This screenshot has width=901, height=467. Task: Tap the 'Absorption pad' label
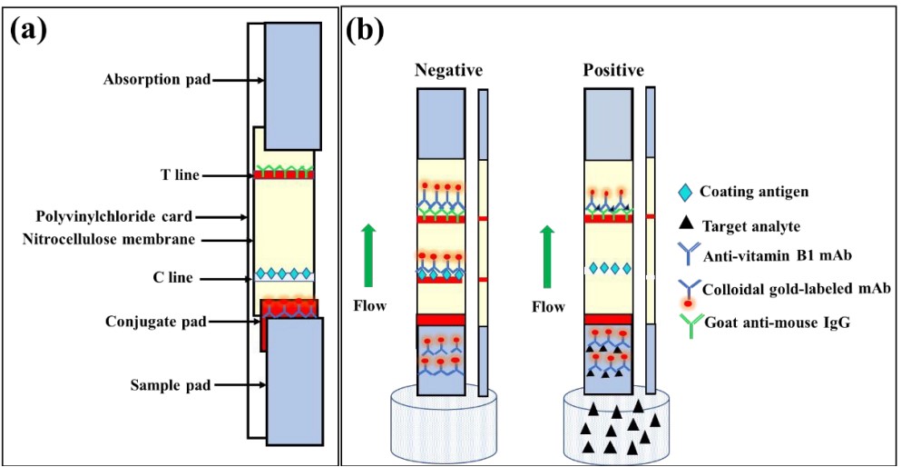156,80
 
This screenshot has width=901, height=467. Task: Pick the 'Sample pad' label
169,385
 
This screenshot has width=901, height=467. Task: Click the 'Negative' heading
448,70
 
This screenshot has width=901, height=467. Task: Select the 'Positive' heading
613,70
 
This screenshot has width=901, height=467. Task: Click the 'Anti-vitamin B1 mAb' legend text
773,256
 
